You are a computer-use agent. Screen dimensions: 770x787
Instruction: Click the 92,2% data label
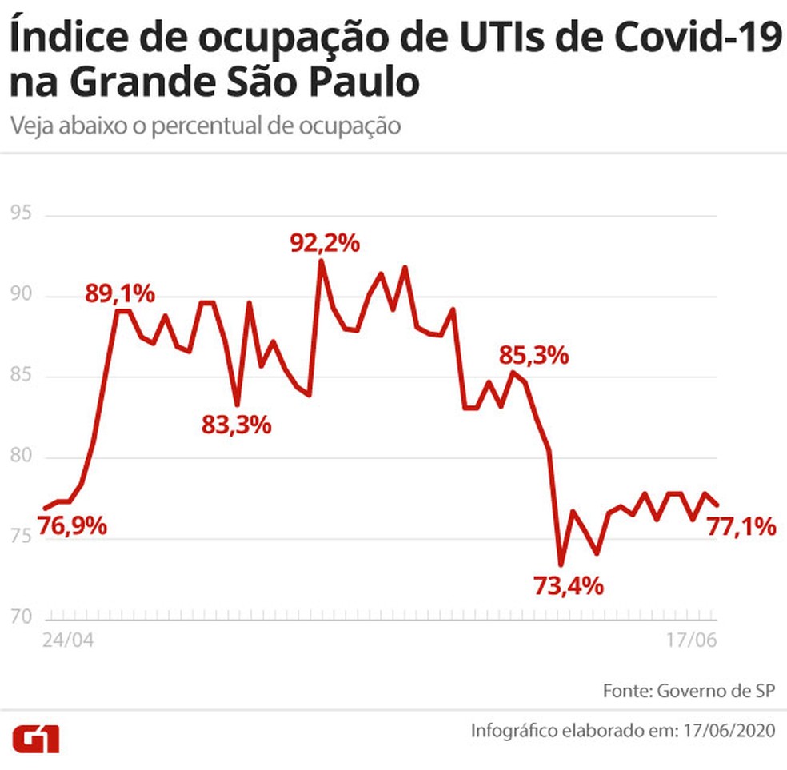click(x=324, y=242)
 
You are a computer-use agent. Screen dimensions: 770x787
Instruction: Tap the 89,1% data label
click(x=120, y=293)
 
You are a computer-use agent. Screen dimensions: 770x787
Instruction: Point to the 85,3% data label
click(x=533, y=354)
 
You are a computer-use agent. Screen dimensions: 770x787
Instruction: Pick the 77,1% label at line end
click(x=741, y=526)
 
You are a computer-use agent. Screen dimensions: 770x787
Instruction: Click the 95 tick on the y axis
click(x=21, y=213)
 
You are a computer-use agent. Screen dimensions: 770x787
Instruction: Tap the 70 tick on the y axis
click(x=21, y=616)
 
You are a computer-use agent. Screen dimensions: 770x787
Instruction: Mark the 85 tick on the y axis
click(x=21, y=375)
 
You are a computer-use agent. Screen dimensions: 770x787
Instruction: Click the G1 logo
click(x=36, y=738)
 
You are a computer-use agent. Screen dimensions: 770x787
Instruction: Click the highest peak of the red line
click(x=321, y=261)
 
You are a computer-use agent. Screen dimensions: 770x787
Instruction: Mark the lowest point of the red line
click(x=561, y=564)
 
